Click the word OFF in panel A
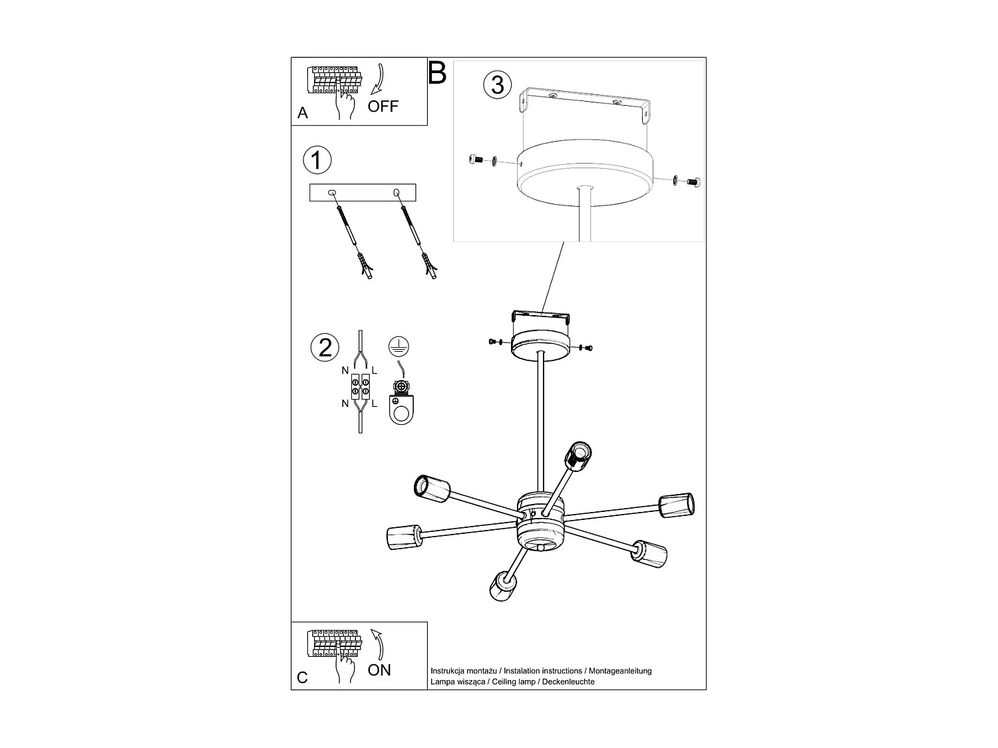pyautogui.click(x=383, y=106)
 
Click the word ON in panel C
pyautogui.click(x=379, y=670)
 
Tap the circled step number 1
pyautogui.click(x=317, y=160)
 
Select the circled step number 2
pyautogui.click(x=325, y=348)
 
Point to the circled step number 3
pyautogui.click(x=498, y=85)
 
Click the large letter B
pyautogui.click(x=437, y=73)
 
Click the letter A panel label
pyautogui.click(x=303, y=114)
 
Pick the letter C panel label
pyautogui.click(x=303, y=678)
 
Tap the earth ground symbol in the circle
pyautogui.click(x=398, y=345)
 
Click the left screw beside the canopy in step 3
pyautogui.click(x=475, y=159)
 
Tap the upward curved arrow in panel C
pyautogui.click(x=377, y=644)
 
